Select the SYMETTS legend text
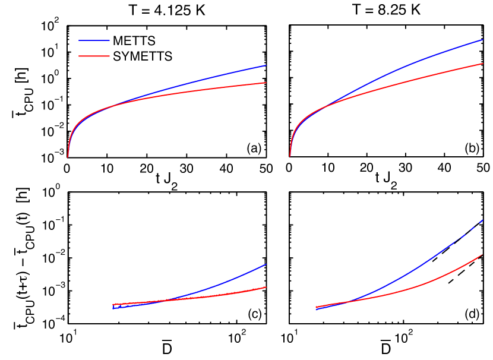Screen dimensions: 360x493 click(143, 57)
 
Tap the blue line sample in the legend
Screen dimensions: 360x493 click(94, 41)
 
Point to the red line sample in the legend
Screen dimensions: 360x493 click(94, 57)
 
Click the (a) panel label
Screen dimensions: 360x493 click(254, 149)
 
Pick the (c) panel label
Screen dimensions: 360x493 click(254, 314)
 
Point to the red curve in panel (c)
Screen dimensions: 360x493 click(226, 293)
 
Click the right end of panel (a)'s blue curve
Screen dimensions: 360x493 click(265, 66)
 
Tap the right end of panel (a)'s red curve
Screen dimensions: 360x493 click(265, 83)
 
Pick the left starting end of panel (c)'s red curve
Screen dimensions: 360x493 click(113, 305)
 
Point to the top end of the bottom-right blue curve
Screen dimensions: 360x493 click(482, 220)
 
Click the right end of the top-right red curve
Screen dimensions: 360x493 click(482, 63)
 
